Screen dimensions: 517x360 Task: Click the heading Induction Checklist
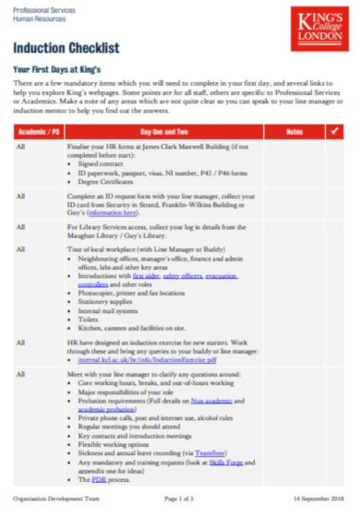click(66, 48)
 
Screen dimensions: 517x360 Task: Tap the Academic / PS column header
click(39, 132)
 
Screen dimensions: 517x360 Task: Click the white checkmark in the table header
click(334, 132)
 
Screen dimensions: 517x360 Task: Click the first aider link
click(146, 275)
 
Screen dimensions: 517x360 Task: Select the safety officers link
click(183, 275)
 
